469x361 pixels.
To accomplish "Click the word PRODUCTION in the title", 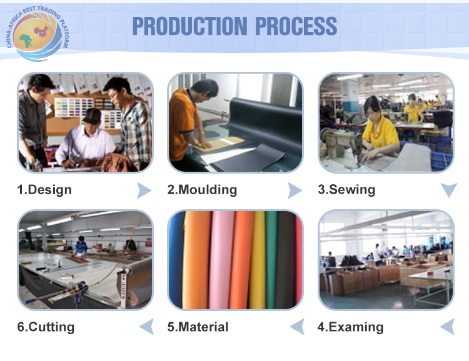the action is [x=190, y=26].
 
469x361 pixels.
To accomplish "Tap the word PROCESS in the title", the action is [x=296, y=26].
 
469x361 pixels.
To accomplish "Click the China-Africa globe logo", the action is [x=38, y=34].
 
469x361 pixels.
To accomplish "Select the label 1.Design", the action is [x=44, y=190].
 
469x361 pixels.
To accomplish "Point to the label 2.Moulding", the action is [x=202, y=190].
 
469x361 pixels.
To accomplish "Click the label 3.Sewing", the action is [x=346, y=190].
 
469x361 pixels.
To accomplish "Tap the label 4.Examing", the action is [x=350, y=327].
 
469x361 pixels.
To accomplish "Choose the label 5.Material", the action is [x=198, y=327].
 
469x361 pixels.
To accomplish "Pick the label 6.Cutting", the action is [x=46, y=327].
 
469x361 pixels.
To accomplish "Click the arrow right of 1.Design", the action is [x=144, y=190].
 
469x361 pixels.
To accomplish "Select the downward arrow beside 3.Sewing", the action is [x=449, y=190].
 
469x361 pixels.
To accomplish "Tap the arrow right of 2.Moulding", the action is [x=295, y=190].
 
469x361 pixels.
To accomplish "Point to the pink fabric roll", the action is [x=221, y=260].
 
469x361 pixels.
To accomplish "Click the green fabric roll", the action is [x=271, y=260].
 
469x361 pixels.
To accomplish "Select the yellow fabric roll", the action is [x=258, y=260].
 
